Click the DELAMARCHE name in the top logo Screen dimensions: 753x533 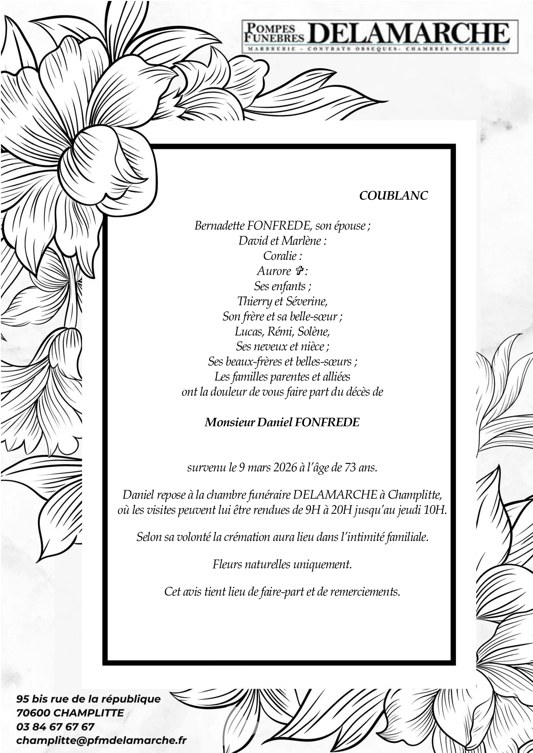click(409, 33)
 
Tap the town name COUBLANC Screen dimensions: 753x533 click(393, 195)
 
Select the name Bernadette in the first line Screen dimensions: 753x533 click(219, 226)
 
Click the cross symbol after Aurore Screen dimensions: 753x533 click(299, 271)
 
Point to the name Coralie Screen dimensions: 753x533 click(280, 256)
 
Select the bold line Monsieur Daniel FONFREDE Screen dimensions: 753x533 click(282, 422)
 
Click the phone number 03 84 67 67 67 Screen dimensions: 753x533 click(55, 727)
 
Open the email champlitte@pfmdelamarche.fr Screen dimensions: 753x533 click(102, 740)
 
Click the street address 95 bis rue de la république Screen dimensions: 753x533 click(88, 699)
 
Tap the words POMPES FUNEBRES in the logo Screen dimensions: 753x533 click(274, 33)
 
